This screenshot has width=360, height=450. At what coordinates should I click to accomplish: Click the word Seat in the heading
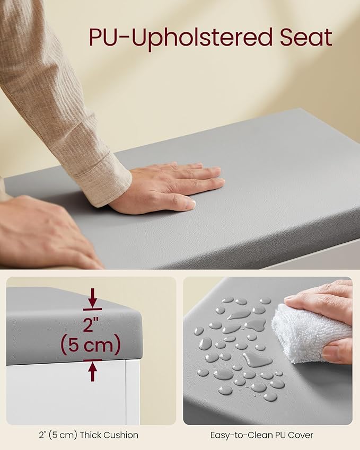(306, 37)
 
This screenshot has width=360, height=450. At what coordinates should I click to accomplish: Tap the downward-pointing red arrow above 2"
(92, 299)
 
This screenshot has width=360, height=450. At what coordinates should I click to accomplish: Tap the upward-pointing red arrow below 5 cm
(92, 370)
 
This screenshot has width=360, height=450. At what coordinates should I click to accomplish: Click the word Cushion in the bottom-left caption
(120, 435)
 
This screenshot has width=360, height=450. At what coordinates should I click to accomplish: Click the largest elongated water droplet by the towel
(257, 359)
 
